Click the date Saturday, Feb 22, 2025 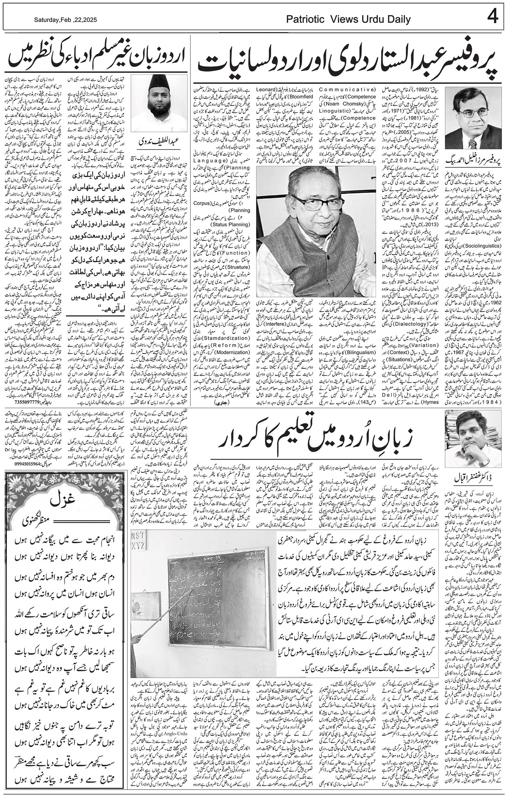(x=65, y=20)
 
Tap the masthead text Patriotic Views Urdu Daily (x=348, y=19)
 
